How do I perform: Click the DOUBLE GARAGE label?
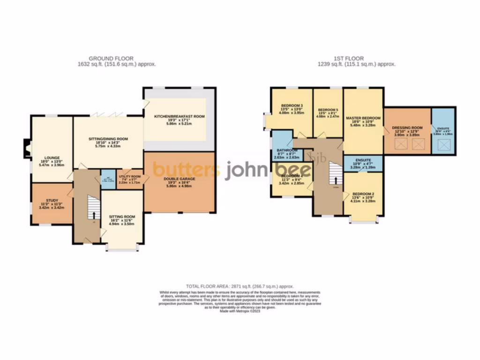[180, 179]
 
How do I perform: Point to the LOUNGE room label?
[51, 157]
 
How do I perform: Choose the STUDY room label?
[52, 200]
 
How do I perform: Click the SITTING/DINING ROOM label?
[108, 139]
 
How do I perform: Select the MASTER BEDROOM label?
[363, 118]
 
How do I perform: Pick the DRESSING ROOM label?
[407, 127]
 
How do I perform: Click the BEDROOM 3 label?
[292, 105]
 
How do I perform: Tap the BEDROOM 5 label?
[328, 109]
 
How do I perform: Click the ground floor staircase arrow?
[94, 215]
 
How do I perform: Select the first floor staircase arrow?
[336, 180]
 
